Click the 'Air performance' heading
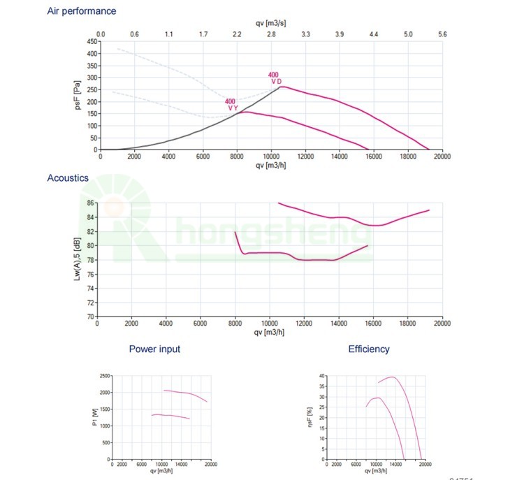coord(82,11)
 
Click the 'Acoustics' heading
coord(68,178)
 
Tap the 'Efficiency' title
coord(369,349)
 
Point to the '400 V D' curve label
coord(276,78)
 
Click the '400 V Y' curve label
coord(232,105)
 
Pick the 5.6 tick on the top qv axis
coord(442,34)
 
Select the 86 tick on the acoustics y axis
coord(90,203)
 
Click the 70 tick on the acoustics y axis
coord(90,317)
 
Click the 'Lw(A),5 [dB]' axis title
coord(78,260)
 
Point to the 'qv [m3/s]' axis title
coord(271,22)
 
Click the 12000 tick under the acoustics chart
coord(305,323)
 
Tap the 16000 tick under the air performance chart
coord(373,157)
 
